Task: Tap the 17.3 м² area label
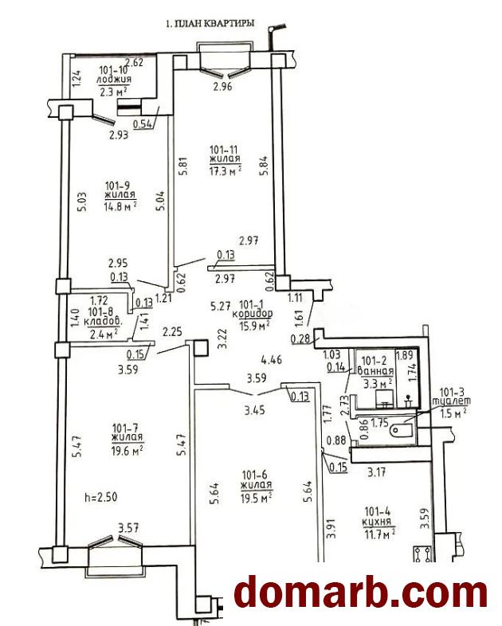click(x=226, y=170)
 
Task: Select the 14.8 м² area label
click(x=121, y=206)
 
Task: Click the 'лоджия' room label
click(x=114, y=80)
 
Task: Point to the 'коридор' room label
click(x=253, y=314)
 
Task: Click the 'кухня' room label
click(x=376, y=522)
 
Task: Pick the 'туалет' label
click(x=454, y=401)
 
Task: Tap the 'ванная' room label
click(x=375, y=371)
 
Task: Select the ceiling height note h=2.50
click(x=101, y=498)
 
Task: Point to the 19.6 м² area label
click(x=127, y=450)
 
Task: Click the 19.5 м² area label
click(x=257, y=499)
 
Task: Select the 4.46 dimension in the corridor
click(x=271, y=359)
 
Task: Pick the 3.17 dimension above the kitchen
click(x=376, y=472)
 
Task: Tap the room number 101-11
click(x=224, y=150)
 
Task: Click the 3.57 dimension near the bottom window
click(x=128, y=528)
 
